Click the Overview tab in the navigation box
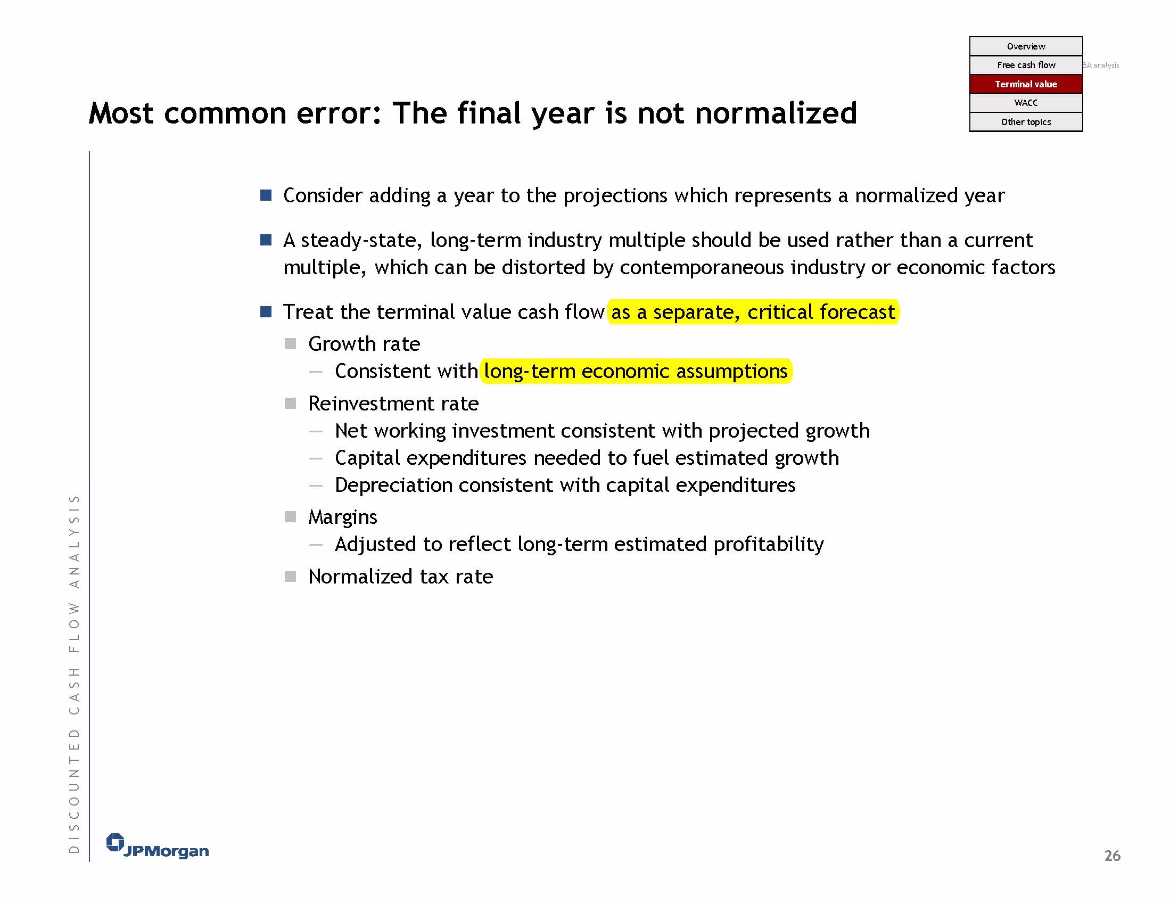pos(1025,46)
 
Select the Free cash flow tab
pos(1025,65)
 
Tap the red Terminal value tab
pos(1025,84)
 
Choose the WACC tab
pos(1025,103)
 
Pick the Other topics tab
pos(1025,121)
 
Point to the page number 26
pos(1112,856)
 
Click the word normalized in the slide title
pos(776,113)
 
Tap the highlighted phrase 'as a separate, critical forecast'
pos(753,312)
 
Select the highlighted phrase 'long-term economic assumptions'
pos(636,372)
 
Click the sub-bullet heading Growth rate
pos(364,344)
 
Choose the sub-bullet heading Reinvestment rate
pos(393,404)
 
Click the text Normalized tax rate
pos(401,577)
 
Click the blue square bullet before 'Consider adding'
pos(266,195)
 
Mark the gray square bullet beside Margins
pos(290,516)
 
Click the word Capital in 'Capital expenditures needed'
pos(367,458)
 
